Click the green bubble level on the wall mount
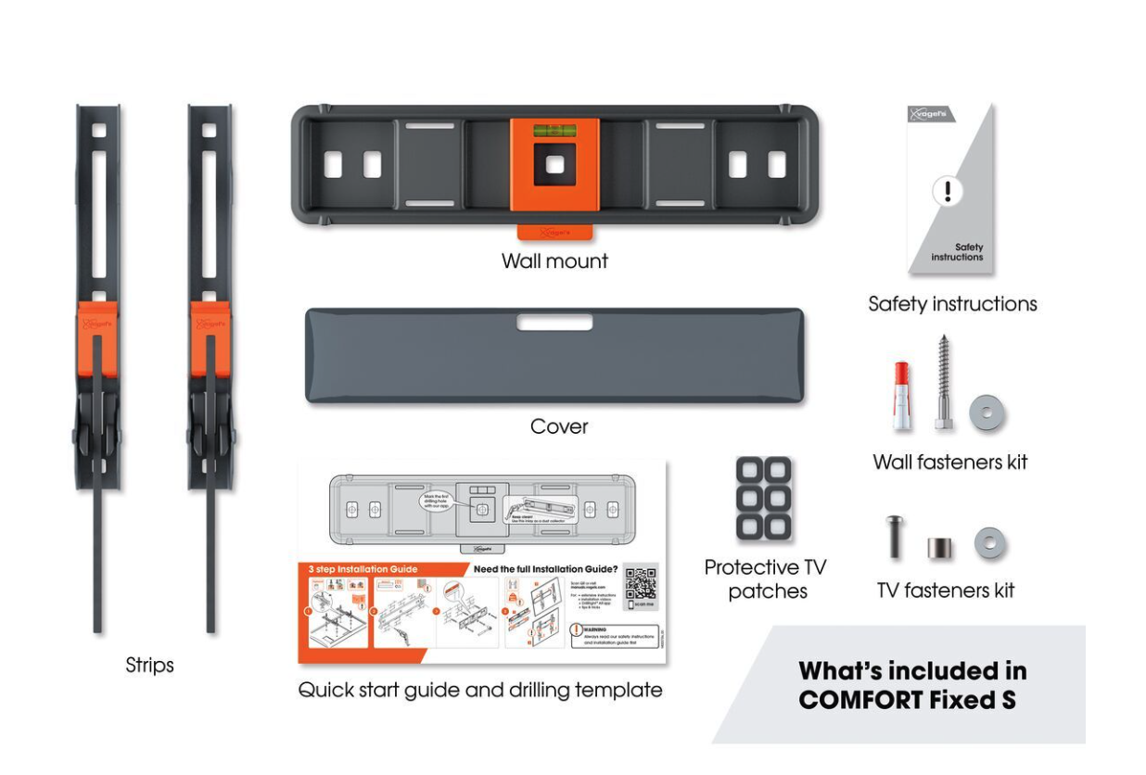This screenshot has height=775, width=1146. [554, 132]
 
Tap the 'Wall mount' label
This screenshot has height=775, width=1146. [554, 261]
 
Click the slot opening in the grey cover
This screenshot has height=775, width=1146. [554, 323]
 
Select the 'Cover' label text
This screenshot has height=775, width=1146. [559, 427]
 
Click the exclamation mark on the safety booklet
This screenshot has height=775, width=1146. [948, 192]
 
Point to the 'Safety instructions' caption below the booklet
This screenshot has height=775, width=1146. [952, 304]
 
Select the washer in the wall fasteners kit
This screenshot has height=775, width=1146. [987, 414]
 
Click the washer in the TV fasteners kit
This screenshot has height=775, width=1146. [989, 544]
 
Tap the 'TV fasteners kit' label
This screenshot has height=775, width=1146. [946, 591]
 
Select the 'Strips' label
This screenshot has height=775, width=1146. [150, 666]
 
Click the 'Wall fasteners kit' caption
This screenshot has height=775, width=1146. [950, 462]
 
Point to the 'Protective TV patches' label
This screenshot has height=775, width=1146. [766, 578]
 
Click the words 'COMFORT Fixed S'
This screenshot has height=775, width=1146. [907, 700]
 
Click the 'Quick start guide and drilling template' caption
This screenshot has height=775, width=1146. [479, 691]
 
